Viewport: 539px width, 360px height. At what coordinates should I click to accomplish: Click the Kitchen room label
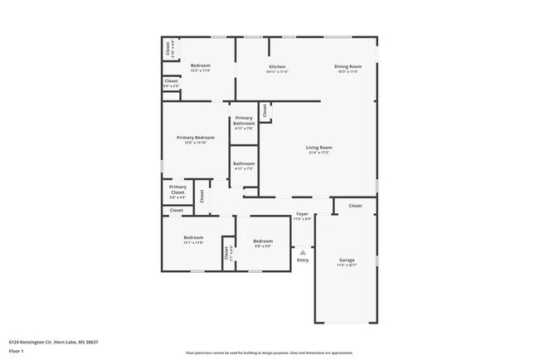coord(277,66)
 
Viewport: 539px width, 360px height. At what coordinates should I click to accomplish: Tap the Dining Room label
coord(348,66)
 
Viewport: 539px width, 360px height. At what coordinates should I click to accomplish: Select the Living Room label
coord(319,148)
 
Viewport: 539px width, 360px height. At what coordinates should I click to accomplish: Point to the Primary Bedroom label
coord(196,138)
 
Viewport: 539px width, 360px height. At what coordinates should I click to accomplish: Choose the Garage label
coord(347,260)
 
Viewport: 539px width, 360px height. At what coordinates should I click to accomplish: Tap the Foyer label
coord(303,214)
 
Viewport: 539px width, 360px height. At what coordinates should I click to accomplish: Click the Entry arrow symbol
coord(303,251)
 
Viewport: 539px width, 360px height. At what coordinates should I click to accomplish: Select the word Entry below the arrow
coord(303,260)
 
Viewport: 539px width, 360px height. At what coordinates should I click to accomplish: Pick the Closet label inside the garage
coord(355,206)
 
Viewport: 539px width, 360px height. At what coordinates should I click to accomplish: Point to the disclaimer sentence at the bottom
coord(269,353)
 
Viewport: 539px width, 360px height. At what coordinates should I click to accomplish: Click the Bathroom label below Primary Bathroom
coord(244,163)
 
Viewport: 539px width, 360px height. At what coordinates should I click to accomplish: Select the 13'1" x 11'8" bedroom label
coord(194,243)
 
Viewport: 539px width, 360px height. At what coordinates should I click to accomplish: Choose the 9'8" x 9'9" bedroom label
coord(263,246)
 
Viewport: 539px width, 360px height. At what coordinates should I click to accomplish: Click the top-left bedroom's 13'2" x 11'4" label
coord(201,71)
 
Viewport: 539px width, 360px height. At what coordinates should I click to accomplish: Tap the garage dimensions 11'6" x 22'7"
coord(347,265)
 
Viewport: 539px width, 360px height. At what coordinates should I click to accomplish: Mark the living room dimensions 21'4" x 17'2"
coord(319,153)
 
